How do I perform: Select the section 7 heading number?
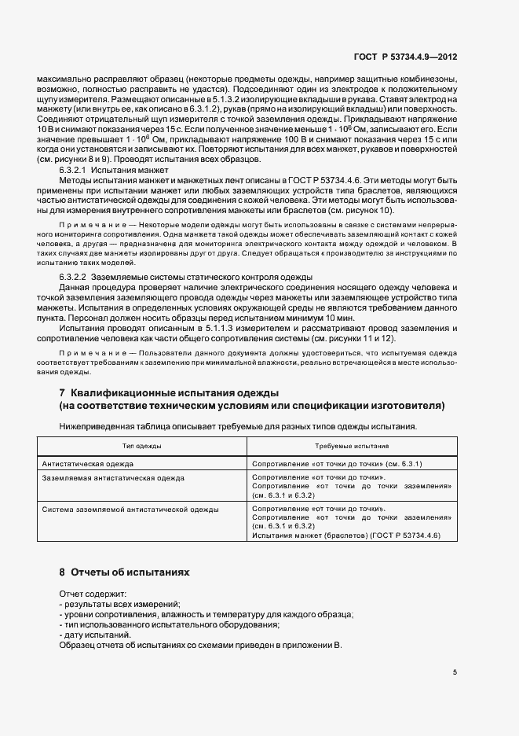(62, 392)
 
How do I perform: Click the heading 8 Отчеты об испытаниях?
(125, 572)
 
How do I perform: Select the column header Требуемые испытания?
(352, 445)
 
